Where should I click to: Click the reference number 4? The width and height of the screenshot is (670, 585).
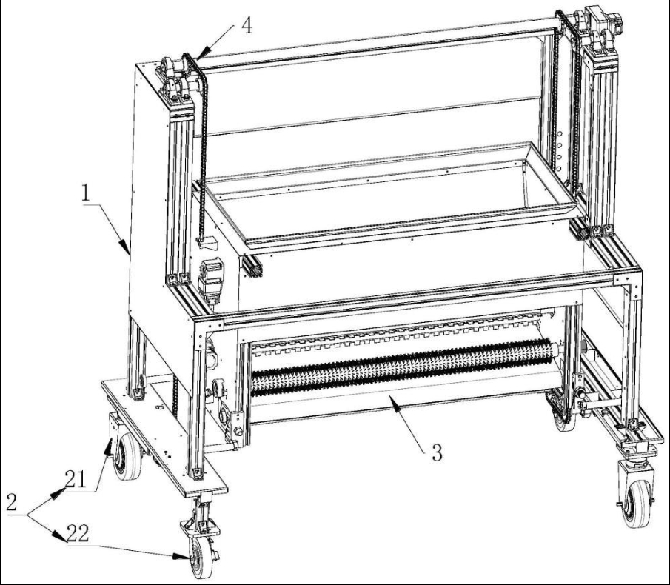pos(247,26)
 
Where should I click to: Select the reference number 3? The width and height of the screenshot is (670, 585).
pos(437,453)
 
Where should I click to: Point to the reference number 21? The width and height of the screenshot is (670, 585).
pos(76,479)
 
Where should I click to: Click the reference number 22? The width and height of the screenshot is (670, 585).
pos(78,533)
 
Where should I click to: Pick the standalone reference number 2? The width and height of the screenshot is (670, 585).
pos(12,503)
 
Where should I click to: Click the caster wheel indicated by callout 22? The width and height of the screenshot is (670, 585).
pos(201,557)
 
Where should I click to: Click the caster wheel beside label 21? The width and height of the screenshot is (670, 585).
pos(127,456)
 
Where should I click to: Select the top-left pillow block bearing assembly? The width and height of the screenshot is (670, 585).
pos(176,81)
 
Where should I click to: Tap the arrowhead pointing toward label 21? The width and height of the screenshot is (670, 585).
pos(108,448)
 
